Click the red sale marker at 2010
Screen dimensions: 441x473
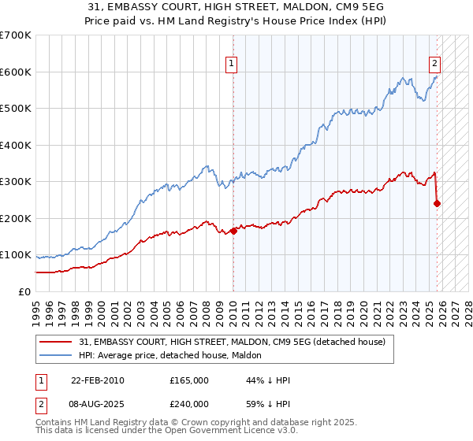233,231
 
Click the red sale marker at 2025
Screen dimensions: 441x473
437,203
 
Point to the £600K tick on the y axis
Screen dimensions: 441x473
16,72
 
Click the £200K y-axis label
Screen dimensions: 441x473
16,218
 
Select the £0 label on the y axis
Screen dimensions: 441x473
24,291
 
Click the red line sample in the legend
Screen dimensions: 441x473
56,342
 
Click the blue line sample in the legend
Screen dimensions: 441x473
56,355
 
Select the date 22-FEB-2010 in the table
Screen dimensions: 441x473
98,380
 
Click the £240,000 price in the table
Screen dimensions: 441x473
188,403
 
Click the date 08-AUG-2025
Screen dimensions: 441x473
98,403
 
